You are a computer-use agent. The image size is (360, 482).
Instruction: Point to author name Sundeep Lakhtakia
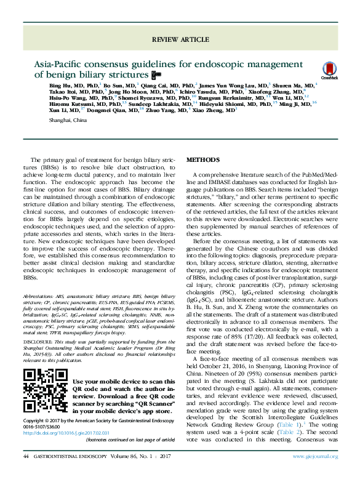147,104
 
